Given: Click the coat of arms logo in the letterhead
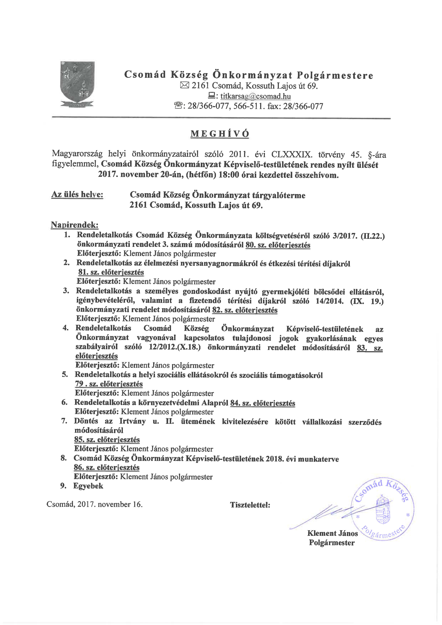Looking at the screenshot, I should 78,84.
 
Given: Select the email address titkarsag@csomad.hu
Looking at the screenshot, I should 255,96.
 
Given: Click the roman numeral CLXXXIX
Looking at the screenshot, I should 291,155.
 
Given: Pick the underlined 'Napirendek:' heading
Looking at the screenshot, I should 75,225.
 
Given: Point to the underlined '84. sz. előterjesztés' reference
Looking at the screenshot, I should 263,403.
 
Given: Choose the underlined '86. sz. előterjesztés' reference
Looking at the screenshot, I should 107,468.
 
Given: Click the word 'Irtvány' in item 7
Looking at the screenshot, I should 132,421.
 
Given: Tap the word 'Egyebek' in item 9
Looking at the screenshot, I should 88,486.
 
